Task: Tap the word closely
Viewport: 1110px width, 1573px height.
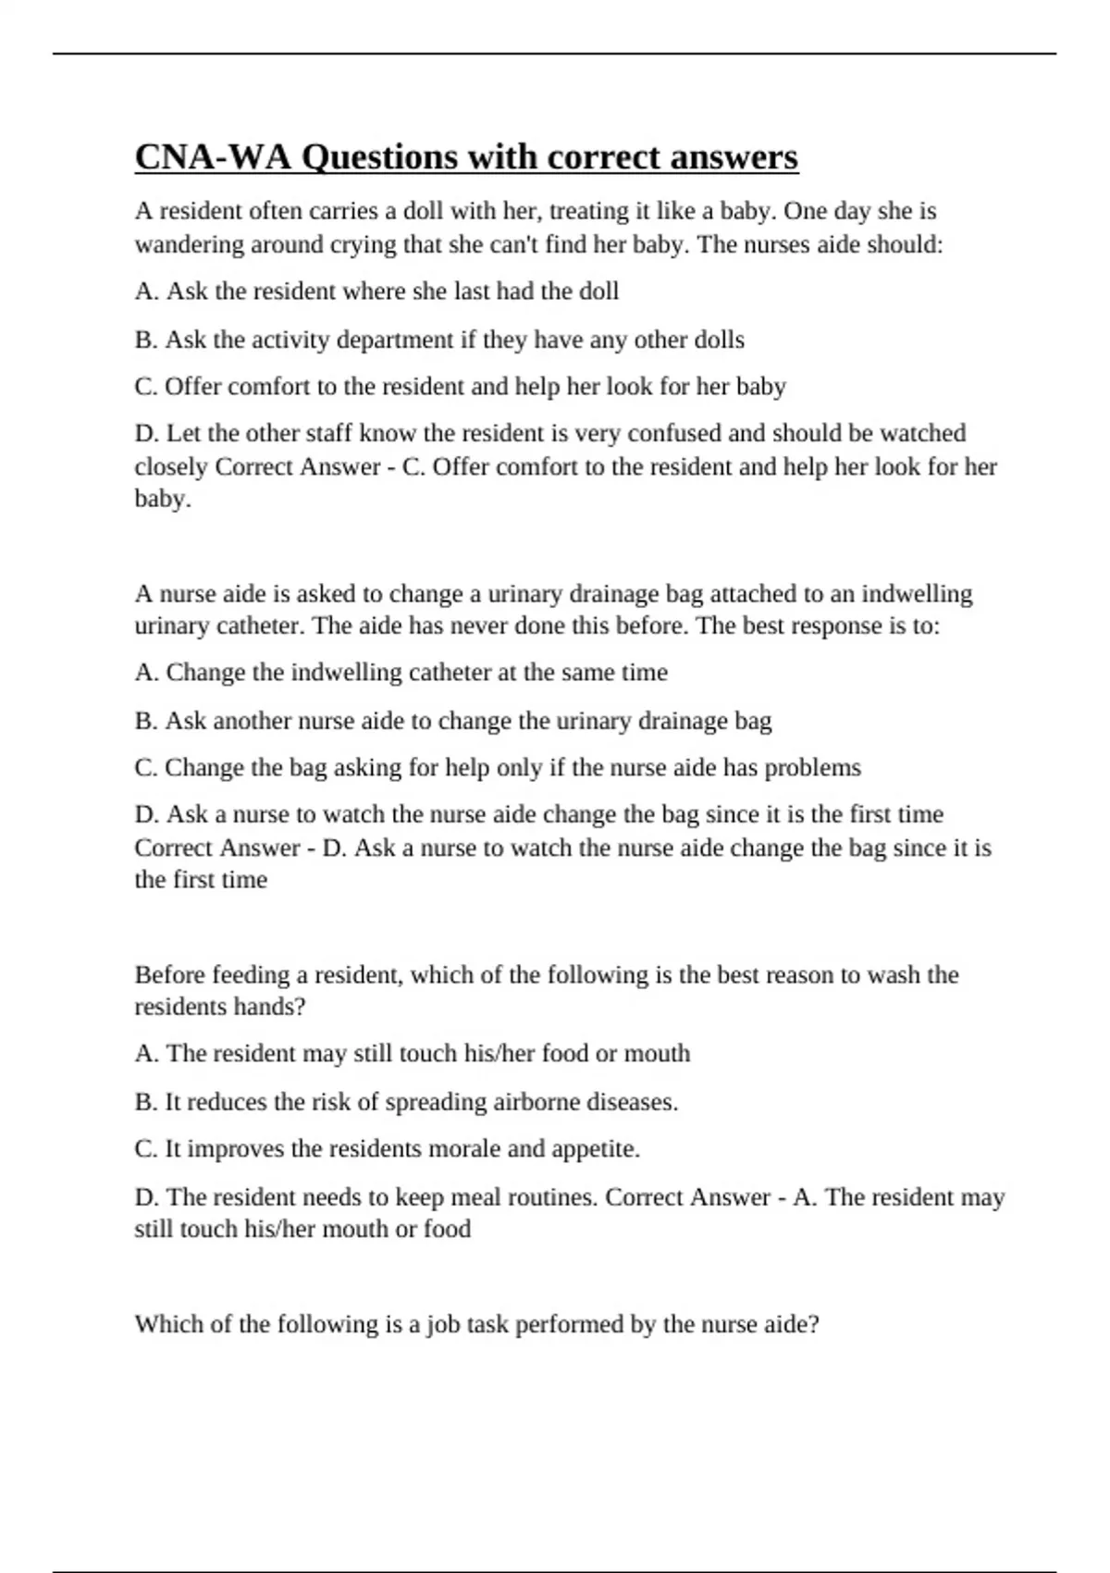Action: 171,466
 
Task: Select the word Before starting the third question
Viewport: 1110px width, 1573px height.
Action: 169,974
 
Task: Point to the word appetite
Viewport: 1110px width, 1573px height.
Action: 596,1148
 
